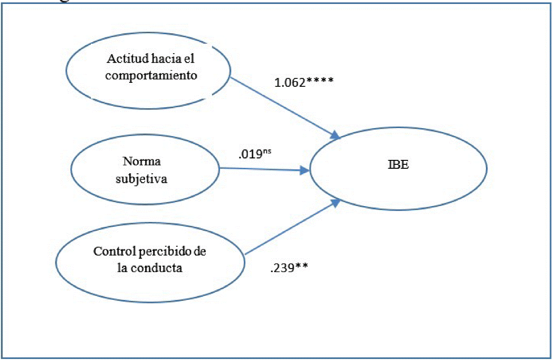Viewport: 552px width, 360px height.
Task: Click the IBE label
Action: (398, 165)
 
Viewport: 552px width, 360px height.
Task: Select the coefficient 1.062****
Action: (304, 82)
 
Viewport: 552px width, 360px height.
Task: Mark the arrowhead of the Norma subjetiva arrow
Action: (305, 170)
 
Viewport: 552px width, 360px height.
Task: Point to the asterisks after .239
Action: (301, 267)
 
